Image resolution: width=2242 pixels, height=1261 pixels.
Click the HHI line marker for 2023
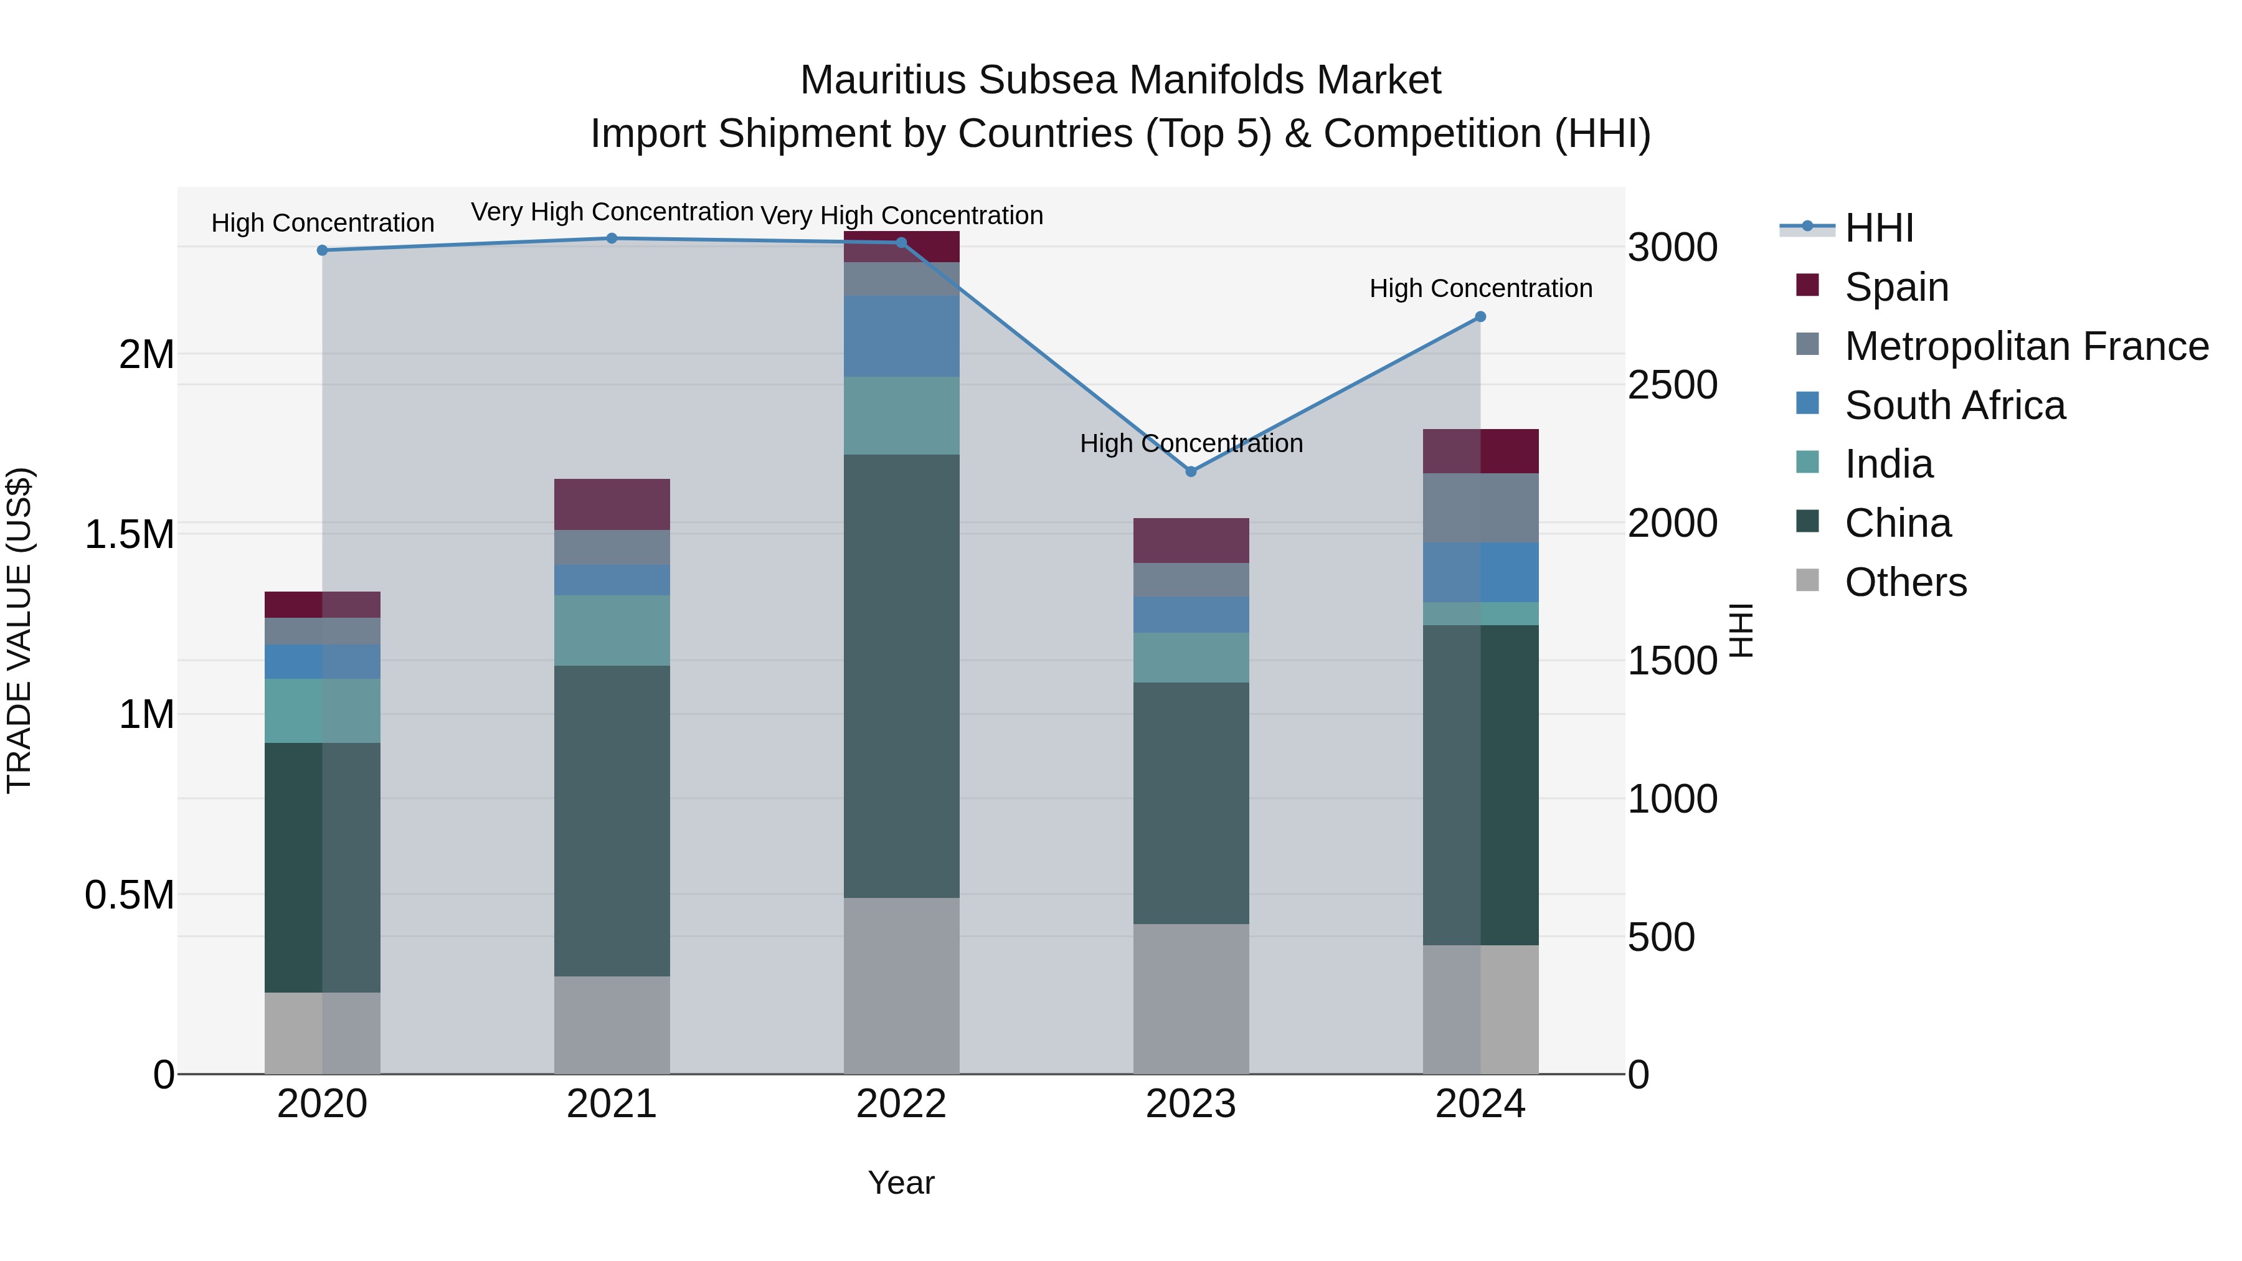pos(1191,471)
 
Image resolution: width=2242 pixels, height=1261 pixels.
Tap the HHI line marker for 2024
pos(1480,317)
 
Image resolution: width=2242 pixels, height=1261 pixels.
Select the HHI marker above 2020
pos(322,250)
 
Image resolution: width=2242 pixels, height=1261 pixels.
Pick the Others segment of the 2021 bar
pos(612,1024)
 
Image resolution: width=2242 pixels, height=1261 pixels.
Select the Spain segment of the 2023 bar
pos(1191,541)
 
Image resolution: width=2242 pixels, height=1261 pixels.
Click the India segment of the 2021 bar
pos(612,630)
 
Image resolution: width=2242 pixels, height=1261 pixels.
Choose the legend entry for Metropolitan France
pos(2026,346)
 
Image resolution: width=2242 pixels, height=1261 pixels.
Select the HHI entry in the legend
pos(1878,228)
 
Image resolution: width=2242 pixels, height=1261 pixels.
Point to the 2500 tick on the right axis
pos(1672,385)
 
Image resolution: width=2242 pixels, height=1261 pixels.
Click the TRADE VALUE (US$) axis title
pos(19,630)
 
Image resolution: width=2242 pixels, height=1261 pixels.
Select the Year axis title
pos(901,1183)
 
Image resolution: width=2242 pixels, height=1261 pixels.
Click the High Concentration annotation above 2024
pos(1480,288)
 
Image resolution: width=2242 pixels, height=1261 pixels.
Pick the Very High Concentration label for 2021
pos(612,212)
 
